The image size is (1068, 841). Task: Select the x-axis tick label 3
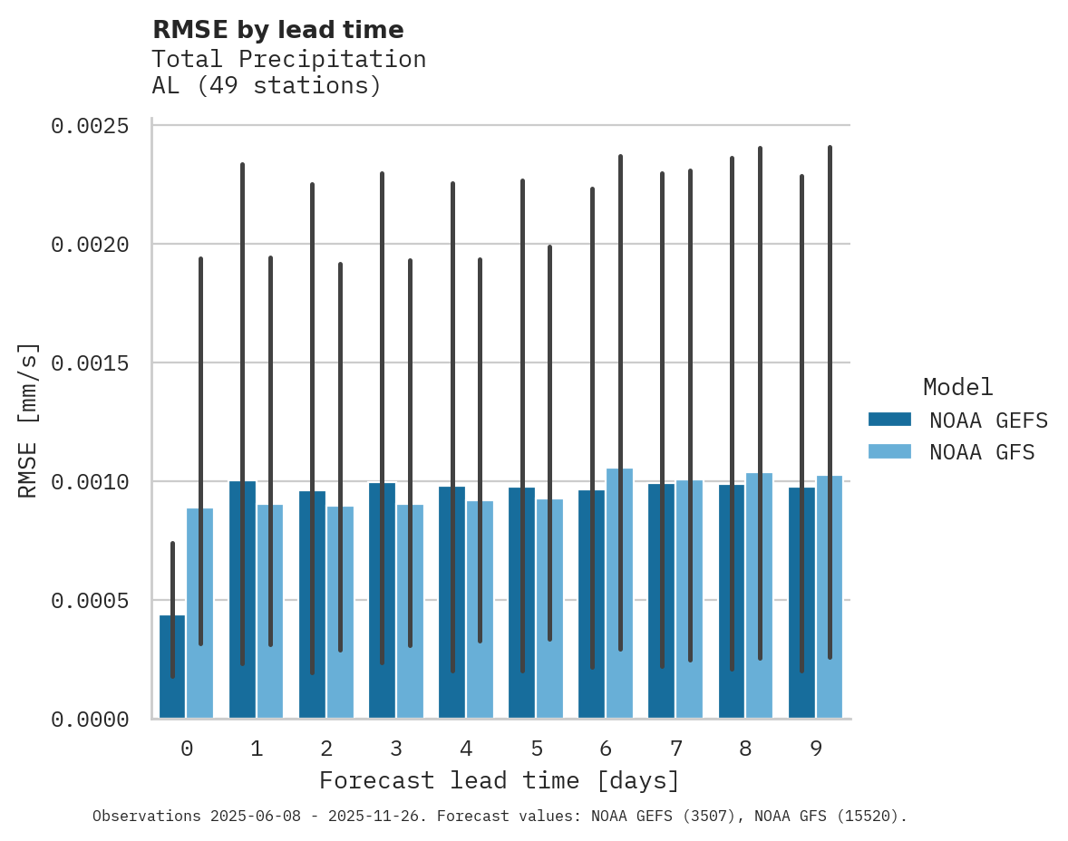pyautogui.click(x=396, y=749)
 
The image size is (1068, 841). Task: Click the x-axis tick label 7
pyautogui.click(x=676, y=749)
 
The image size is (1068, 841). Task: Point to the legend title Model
pyautogui.click(x=957, y=387)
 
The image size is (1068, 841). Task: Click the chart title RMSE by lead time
pyautogui.click(x=277, y=30)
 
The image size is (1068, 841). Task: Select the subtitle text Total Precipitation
pyautogui.click(x=288, y=59)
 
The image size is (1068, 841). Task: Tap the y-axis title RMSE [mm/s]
pyautogui.click(x=29, y=421)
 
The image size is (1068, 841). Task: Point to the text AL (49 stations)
pyautogui.click(x=267, y=86)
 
